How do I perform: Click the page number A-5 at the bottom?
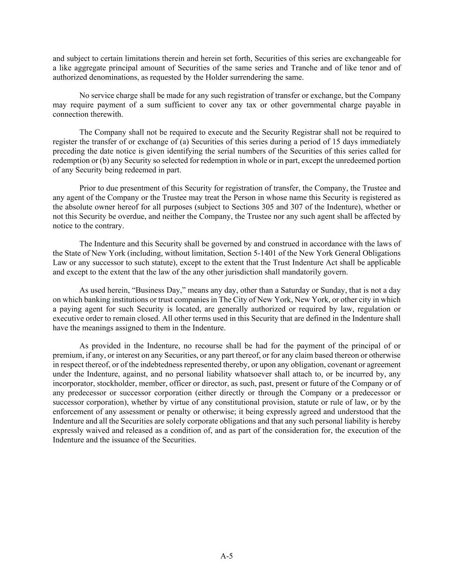[x=226, y=556]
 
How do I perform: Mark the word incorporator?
[x=70, y=383]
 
